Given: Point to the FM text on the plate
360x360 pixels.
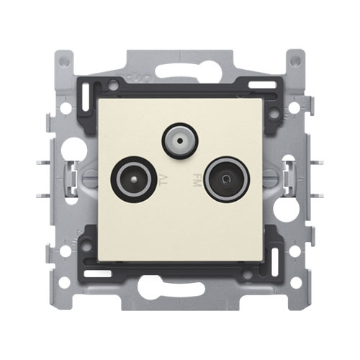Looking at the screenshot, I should tap(195, 179).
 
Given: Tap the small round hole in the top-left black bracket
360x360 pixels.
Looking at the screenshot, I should tap(114, 86).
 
